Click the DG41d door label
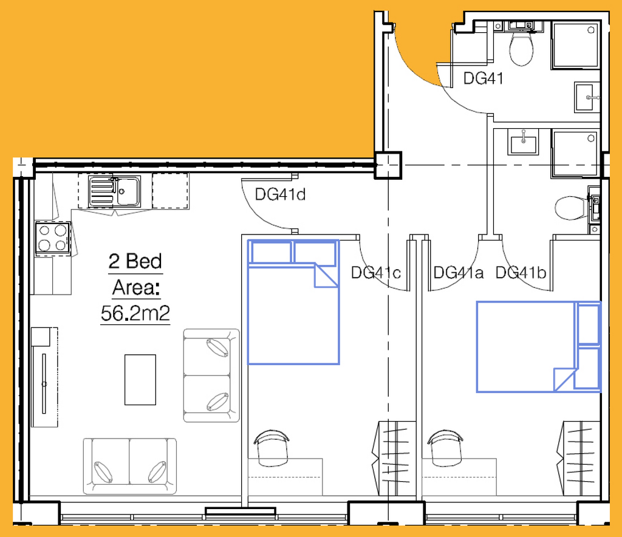(280, 194)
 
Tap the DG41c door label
(375, 273)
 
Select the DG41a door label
(458, 273)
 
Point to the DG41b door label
(521, 273)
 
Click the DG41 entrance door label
(483, 78)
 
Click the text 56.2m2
(135, 313)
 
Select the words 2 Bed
(135, 261)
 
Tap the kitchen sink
(115, 191)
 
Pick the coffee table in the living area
(140, 380)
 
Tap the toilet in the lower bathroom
(572, 208)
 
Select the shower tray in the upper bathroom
(575, 45)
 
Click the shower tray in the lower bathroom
(575, 153)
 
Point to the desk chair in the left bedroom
(272, 447)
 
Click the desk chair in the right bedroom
(445, 447)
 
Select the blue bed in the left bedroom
(293, 302)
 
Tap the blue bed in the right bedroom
(539, 347)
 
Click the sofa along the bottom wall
(130, 467)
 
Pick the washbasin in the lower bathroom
(524, 142)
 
